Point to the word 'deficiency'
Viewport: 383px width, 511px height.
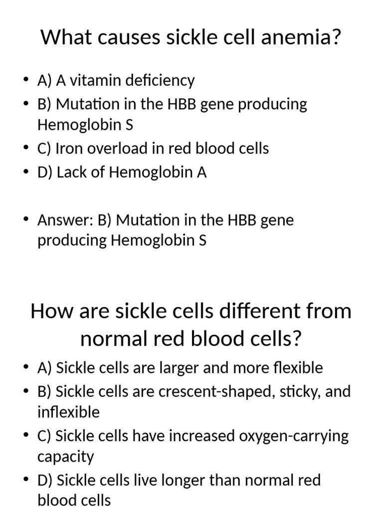click(x=162, y=80)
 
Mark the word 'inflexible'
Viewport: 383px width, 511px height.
click(x=68, y=412)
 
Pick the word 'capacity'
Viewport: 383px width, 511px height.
click(x=65, y=456)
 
